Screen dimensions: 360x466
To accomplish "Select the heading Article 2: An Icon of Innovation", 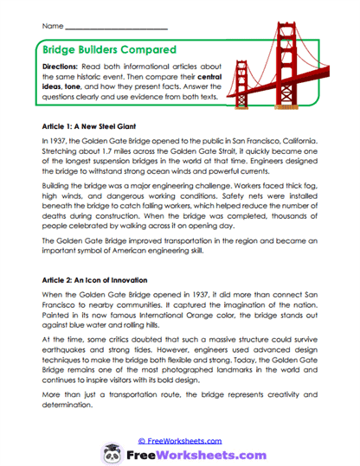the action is (x=98, y=281).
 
